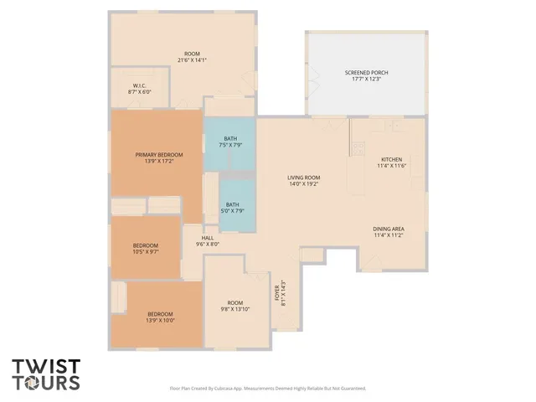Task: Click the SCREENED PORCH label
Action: coord(366,73)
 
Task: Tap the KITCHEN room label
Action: coord(391,159)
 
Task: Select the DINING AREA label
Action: coord(389,229)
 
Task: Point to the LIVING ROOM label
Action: coord(304,178)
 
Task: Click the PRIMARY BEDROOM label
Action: coord(159,154)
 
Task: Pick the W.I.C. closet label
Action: coord(140,85)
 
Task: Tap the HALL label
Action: coord(207,238)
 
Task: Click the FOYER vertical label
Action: coord(277,294)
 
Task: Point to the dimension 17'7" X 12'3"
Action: coord(366,80)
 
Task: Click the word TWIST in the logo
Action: coord(47,366)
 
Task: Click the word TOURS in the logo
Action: coord(47,383)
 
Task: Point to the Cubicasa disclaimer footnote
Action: coord(267,389)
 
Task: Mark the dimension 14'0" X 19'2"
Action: coord(304,184)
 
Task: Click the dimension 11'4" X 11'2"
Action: coord(389,235)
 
